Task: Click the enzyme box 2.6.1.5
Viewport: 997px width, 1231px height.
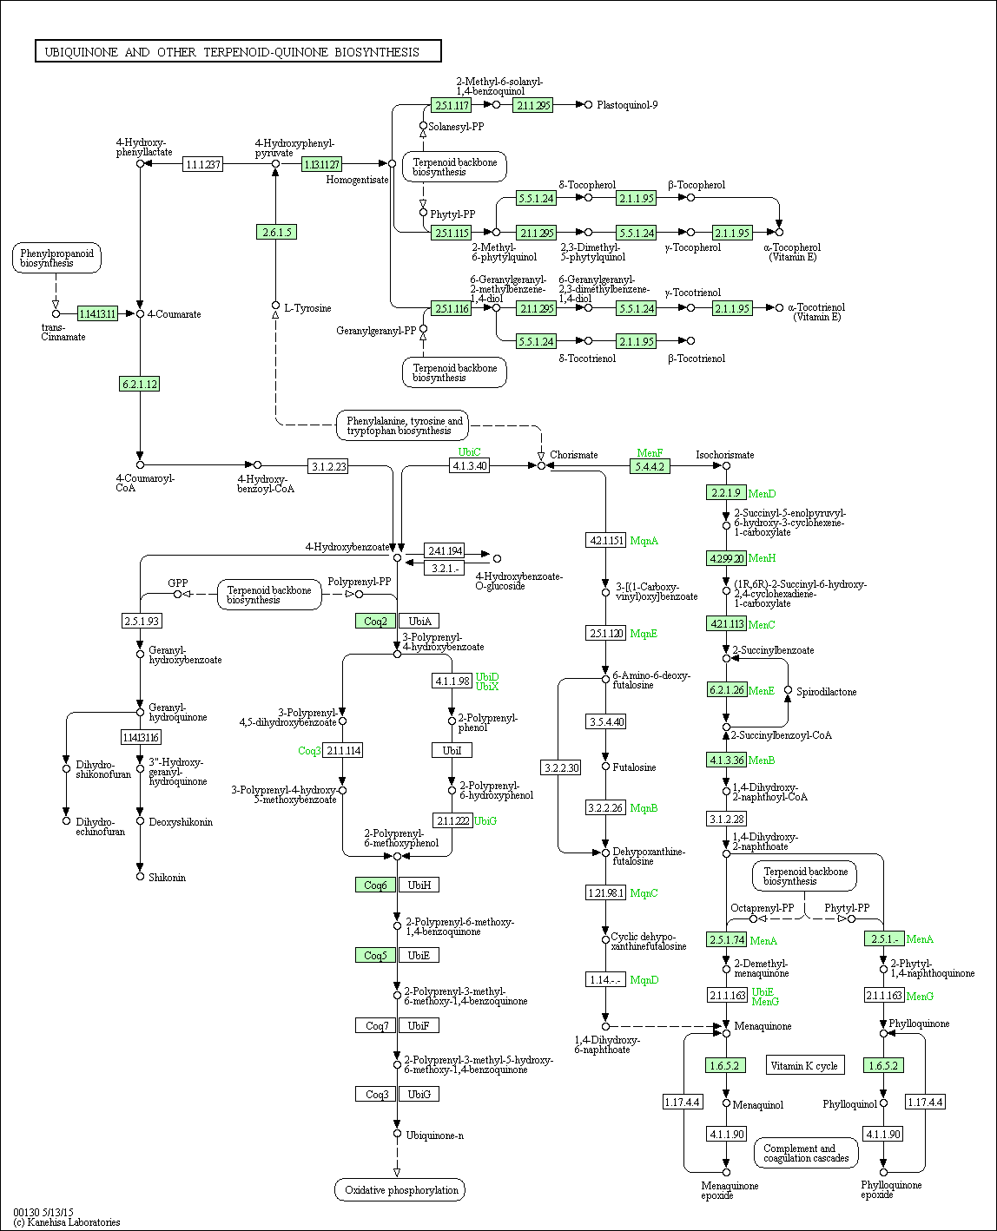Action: tap(276, 233)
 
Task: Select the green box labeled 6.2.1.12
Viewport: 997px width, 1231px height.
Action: tap(139, 385)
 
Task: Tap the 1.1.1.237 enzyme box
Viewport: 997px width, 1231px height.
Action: tap(202, 165)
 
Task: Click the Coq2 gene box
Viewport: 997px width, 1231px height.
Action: tap(375, 622)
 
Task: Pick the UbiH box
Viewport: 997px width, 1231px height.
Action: tap(419, 885)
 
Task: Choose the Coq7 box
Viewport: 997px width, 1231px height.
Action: tap(375, 1026)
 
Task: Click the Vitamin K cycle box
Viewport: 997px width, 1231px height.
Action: tap(804, 1065)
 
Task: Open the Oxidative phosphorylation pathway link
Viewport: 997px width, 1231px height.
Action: tap(400, 1190)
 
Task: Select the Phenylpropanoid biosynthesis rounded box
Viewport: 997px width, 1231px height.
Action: tap(56, 258)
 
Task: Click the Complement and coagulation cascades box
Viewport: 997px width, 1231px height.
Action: tap(806, 1153)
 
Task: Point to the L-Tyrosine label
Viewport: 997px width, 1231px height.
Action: tap(308, 308)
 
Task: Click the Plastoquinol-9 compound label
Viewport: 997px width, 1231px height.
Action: tap(627, 105)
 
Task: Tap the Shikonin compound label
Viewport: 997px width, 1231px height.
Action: tap(167, 878)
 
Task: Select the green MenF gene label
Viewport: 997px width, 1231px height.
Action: tap(650, 453)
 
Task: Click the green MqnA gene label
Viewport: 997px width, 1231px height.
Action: tap(644, 540)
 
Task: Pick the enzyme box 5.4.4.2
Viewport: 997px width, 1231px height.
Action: tap(650, 466)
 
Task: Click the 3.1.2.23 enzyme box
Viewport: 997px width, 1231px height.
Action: tap(328, 466)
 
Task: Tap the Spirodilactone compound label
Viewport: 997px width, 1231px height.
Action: tap(827, 692)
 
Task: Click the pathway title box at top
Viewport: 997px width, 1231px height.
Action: tap(238, 51)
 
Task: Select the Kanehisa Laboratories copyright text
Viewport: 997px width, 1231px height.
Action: tap(67, 1222)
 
